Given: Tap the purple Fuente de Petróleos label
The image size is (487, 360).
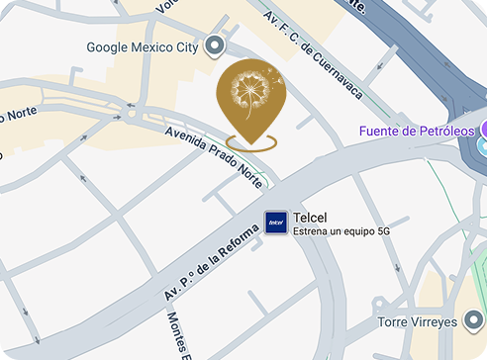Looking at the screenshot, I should (x=417, y=131).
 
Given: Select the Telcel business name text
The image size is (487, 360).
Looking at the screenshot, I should (x=311, y=218).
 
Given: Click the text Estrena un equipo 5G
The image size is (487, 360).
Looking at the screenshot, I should (x=337, y=232).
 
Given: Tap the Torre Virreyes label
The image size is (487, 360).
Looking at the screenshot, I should (x=418, y=322).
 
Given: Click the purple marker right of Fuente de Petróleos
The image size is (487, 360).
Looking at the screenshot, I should (x=483, y=131).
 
